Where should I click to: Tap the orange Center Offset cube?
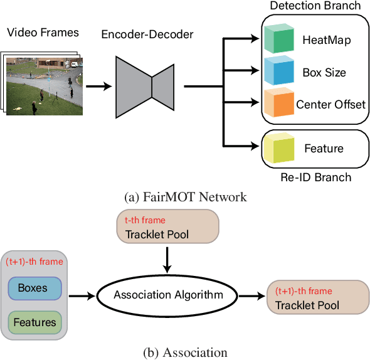click(x=279, y=103)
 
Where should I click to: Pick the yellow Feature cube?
click(x=279, y=148)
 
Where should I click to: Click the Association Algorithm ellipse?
click(x=167, y=294)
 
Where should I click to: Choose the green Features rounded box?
click(x=36, y=322)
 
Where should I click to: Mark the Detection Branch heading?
click(x=315, y=6)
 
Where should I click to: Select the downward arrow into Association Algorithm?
click(x=167, y=258)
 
